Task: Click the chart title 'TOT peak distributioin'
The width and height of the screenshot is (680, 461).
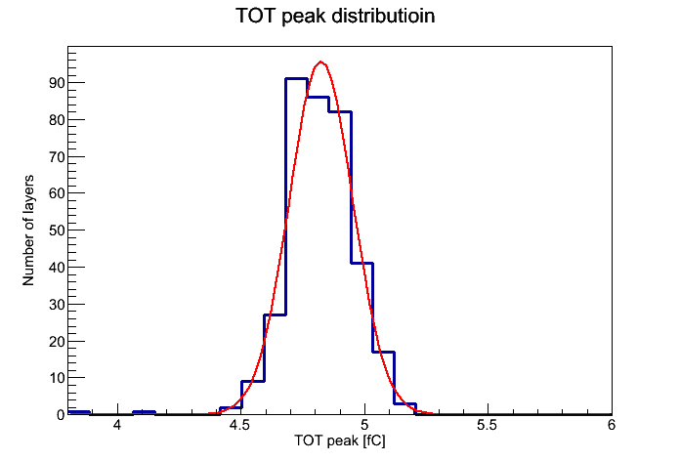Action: point(335,17)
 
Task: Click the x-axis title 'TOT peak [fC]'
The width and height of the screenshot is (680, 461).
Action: point(340,440)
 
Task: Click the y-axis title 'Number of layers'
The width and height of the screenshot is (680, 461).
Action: point(28,230)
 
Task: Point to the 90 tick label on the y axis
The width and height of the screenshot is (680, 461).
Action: point(57,83)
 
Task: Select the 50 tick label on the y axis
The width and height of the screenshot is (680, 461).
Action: point(57,230)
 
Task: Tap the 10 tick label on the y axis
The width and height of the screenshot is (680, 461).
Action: point(57,378)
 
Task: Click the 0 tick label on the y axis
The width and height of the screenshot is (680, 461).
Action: point(61,414)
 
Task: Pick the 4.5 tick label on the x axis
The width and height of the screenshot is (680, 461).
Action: point(239,425)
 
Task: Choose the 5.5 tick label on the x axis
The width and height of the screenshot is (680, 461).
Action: point(488,425)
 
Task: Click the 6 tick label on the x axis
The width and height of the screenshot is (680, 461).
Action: point(611,425)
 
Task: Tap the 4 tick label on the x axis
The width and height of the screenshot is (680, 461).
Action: point(116,425)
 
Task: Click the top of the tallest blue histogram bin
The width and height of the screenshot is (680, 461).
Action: point(297,79)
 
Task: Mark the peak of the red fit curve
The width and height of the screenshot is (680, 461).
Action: point(320,62)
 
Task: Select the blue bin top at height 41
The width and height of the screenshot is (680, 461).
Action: point(362,264)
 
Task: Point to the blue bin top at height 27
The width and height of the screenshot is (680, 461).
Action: point(275,314)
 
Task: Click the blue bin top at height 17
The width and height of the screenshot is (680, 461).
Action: point(384,353)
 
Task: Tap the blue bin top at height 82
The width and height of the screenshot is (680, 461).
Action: point(340,112)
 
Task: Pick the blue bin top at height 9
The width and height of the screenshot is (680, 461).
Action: point(253,381)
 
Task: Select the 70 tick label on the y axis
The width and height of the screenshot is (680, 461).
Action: point(57,156)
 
